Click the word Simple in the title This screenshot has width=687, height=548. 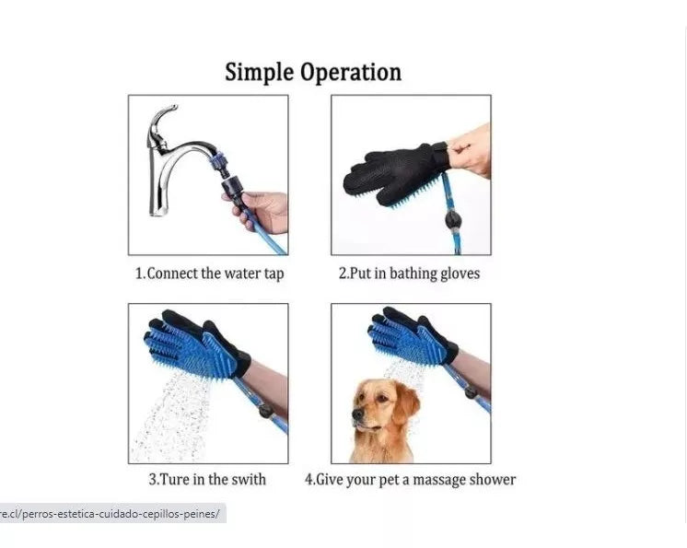pos(259,72)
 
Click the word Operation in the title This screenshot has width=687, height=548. pos(351,72)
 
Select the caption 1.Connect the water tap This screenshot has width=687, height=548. pos(209,274)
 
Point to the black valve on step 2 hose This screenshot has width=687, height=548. pos(452,219)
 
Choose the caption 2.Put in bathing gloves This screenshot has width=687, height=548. pos(409,274)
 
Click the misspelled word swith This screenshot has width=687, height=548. pos(249,479)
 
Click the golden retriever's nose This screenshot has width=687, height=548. pos(356,414)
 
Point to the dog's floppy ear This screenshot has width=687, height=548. pos(409,406)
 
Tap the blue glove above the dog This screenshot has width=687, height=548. pos(412,336)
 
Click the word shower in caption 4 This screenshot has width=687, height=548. pos(493,479)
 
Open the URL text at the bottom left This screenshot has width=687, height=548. pos(110,513)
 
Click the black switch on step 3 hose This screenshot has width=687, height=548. pos(265,411)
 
